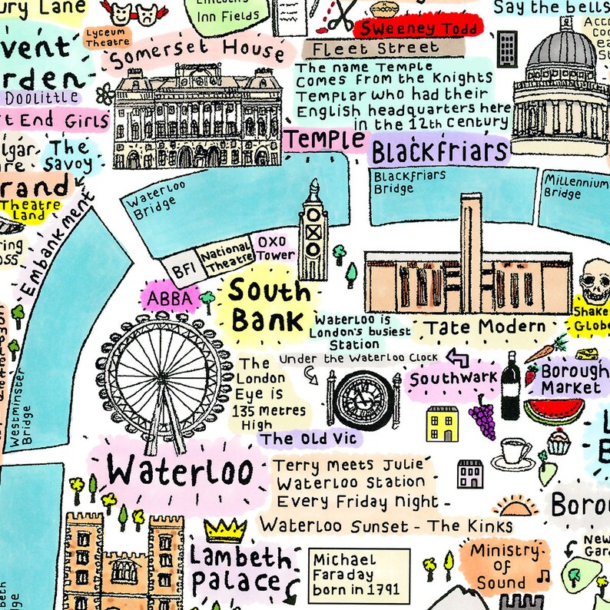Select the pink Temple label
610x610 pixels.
(326, 141)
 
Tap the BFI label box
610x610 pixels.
(183, 269)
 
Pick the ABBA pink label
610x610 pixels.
(169, 298)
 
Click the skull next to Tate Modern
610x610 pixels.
(596, 281)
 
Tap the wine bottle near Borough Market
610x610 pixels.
(510, 390)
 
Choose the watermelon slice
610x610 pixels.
(552, 411)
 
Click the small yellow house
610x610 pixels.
(443, 424)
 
